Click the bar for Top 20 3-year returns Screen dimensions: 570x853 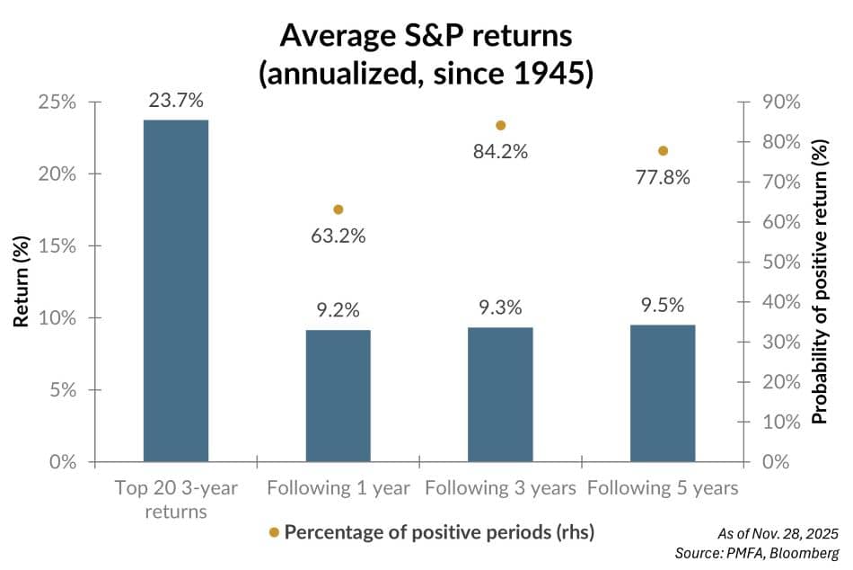pos(176,290)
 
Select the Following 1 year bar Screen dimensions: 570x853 pos(339,396)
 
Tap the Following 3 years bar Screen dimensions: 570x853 pos(501,395)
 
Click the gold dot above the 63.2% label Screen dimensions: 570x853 pos(339,209)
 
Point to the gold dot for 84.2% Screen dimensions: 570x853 pos(501,125)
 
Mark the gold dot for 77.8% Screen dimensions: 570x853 pos(663,150)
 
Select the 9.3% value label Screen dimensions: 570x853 pos(501,309)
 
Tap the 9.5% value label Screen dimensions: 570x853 pos(663,307)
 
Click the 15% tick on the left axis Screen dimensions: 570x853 pos(57,245)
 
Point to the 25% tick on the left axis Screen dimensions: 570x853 pos(57,102)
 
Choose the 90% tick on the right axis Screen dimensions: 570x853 pos(780,102)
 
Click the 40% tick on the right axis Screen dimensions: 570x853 pos(780,301)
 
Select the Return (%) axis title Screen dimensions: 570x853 pos(21,281)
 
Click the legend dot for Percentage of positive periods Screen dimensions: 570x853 pos(274,532)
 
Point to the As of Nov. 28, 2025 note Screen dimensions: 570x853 pos(776,533)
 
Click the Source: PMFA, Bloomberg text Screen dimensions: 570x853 pos(756,553)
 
